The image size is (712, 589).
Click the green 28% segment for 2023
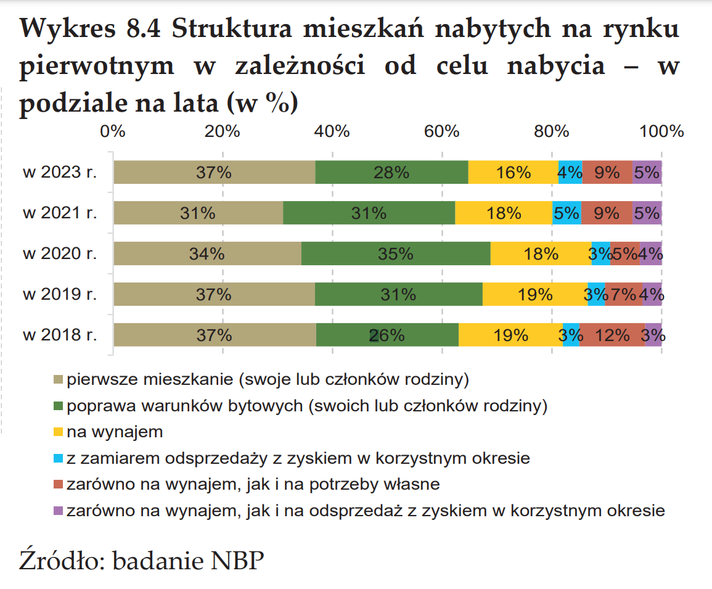coord(391,172)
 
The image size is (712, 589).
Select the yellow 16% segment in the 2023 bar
coord(513,172)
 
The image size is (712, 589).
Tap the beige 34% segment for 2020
coord(207,253)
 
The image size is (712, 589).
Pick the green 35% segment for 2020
coord(396,253)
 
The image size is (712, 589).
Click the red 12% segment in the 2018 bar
coord(612,335)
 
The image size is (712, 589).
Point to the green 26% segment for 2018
coord(387,335)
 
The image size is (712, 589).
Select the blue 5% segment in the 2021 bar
coord(567,213)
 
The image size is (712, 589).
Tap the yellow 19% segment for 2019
coord(535,294)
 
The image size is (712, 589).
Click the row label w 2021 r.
coord(60,213)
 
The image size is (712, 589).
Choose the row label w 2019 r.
coord(60,294)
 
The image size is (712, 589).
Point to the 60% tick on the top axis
coord(442,131)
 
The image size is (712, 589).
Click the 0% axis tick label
coord(113,131)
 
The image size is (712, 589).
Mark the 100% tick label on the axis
coord(661,131)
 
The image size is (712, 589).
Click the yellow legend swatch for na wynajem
coord(59,432)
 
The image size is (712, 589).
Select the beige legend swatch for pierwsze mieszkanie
coord(59,379)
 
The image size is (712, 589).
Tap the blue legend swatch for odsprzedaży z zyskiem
coord(59,459)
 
